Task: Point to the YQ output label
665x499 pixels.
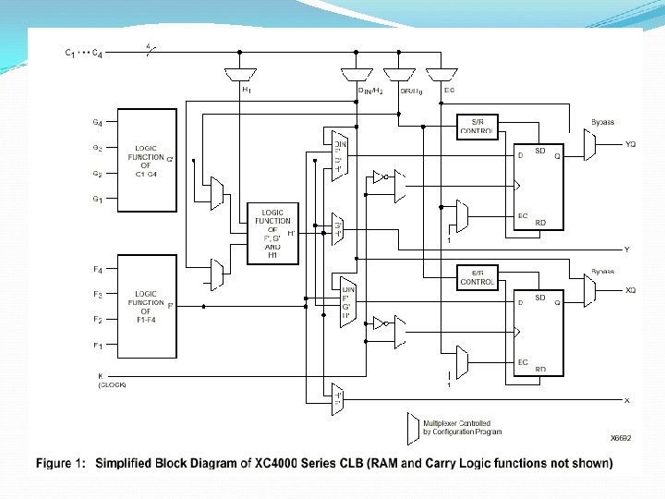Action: [630, 144]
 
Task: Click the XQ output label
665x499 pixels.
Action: [630, 290]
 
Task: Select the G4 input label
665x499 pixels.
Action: [97, 122]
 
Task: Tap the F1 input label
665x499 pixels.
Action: [97, 346]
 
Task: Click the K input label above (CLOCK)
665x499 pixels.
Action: [100, 374]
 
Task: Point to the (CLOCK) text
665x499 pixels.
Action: [112, 384]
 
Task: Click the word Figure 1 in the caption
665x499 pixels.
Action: [62, 463]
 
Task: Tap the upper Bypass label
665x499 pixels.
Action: [602, 122]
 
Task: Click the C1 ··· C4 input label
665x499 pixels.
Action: [82, 54]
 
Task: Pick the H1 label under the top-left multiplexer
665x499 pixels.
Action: [247, 90]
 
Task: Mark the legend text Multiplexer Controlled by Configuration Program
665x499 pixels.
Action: [462, 428]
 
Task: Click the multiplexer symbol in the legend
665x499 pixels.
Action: [412, 427]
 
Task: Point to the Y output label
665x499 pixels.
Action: [627, 249]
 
